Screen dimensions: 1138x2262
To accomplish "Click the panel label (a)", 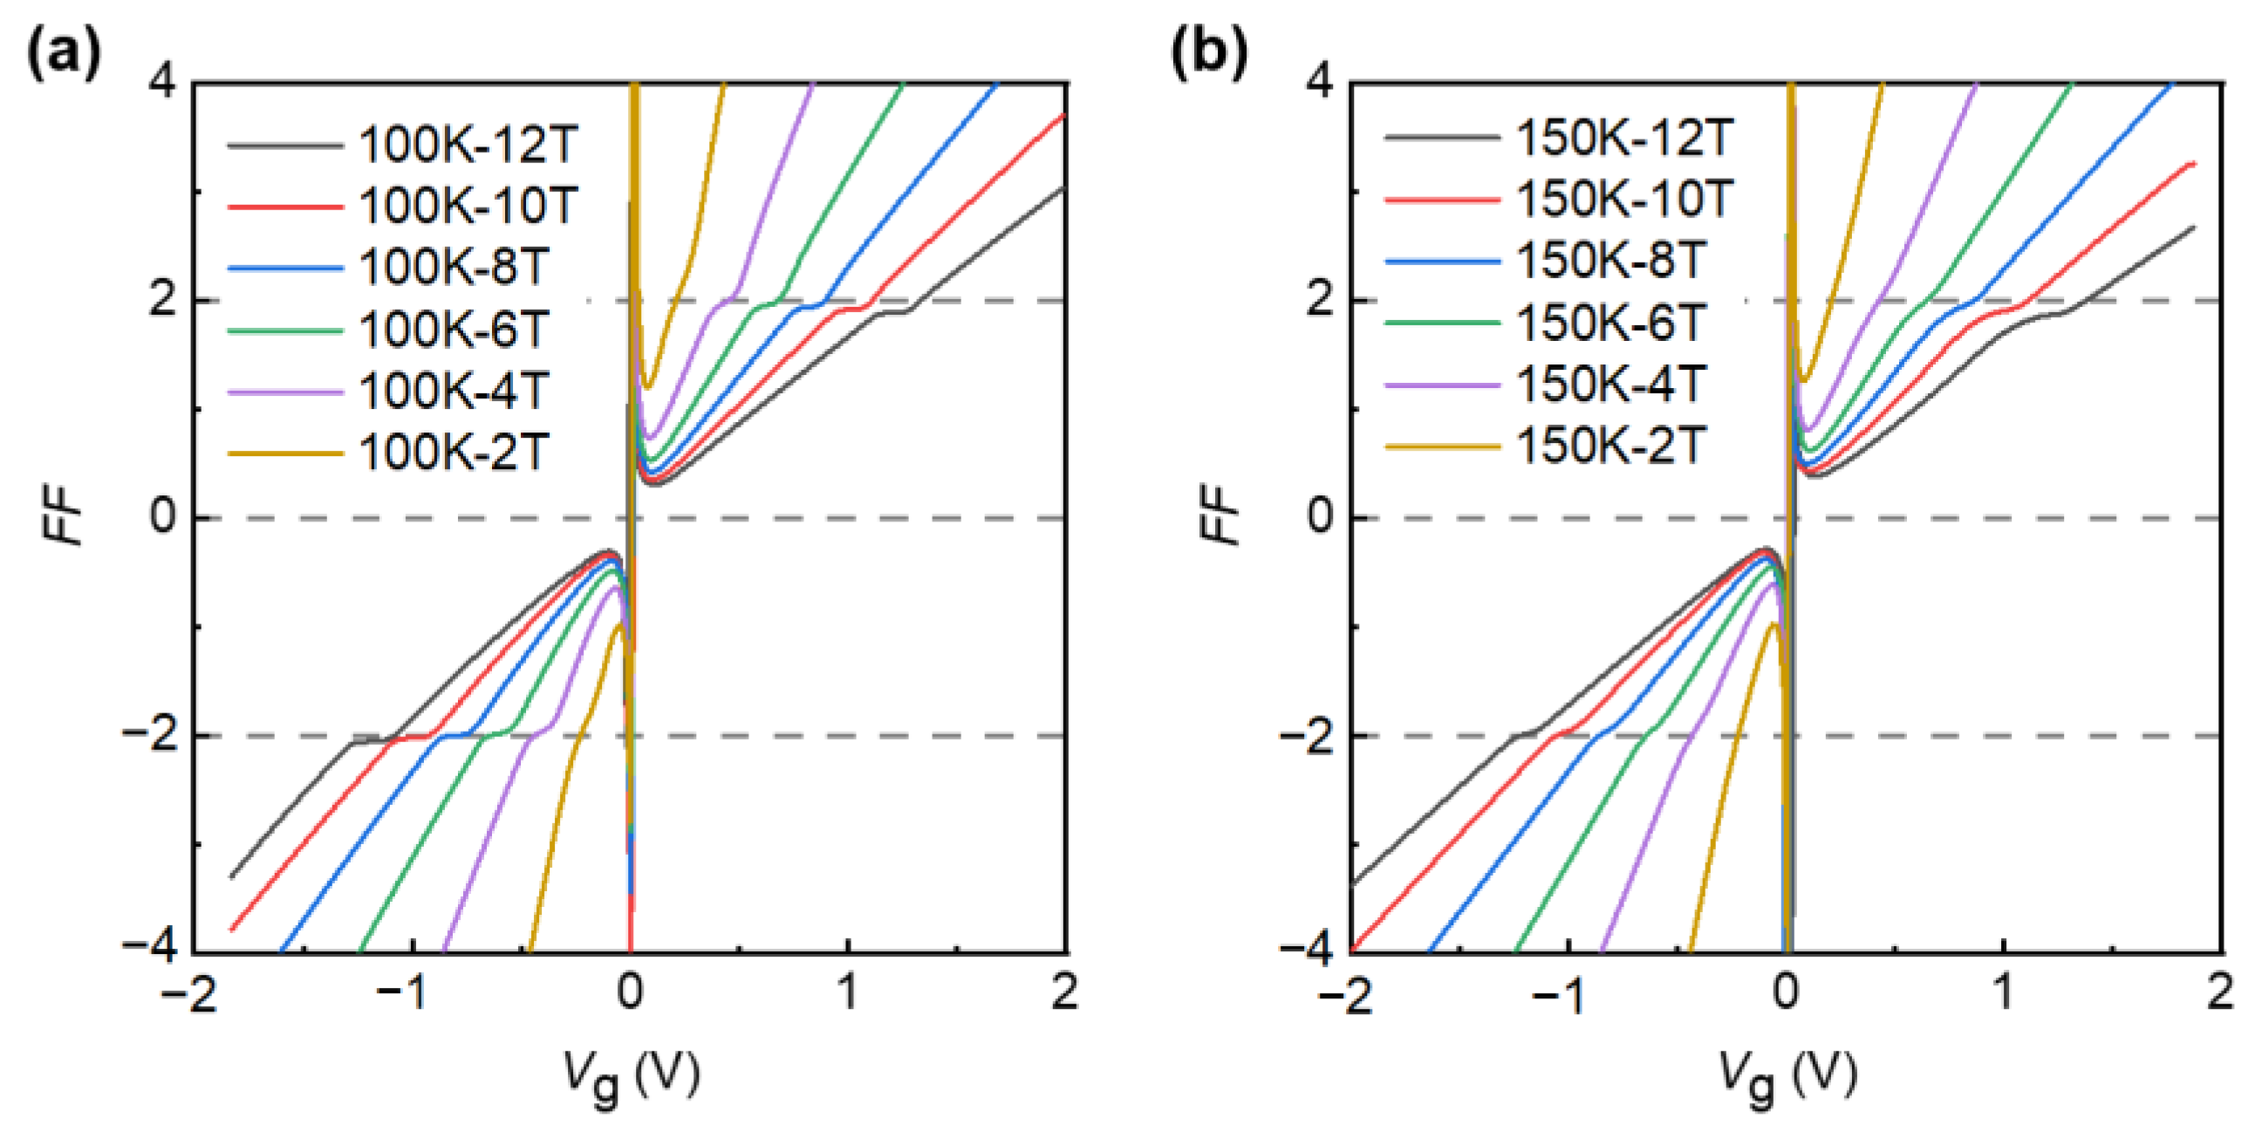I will pos(64,54).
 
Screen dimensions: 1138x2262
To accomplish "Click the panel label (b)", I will pos(1209,54).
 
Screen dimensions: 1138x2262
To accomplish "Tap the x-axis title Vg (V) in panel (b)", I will pos(1787,1076).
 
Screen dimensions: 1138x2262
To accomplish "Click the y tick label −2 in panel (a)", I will pos(149,735).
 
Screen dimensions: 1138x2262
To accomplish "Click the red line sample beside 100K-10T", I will pos(284,208).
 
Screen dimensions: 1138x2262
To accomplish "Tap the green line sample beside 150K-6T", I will pos(1442,323).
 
